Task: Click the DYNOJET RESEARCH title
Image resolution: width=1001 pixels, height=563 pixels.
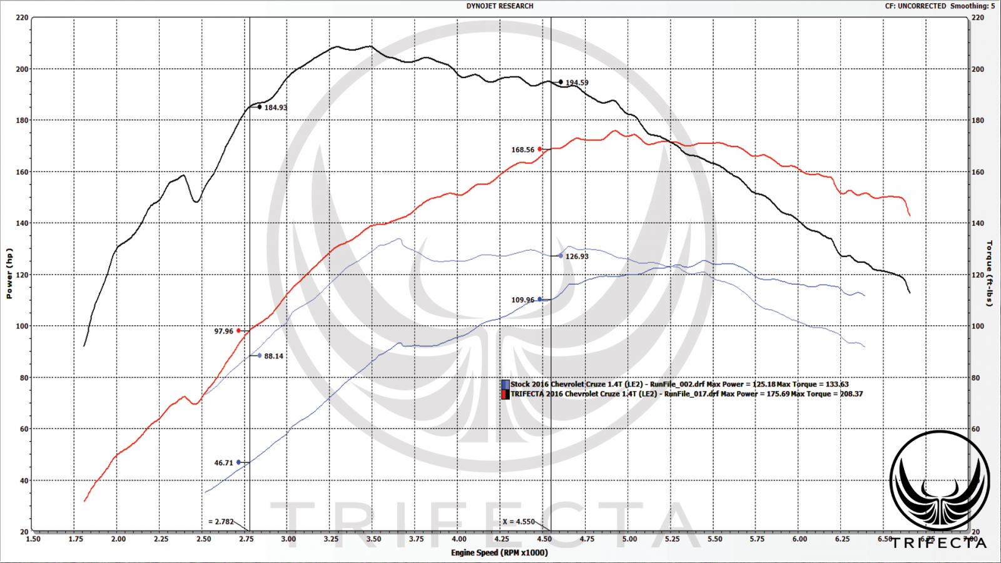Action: (x=500, y=6)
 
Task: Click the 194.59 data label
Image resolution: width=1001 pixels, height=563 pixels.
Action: (x=577, y=83)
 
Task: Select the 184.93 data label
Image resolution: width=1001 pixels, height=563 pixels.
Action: (x=275, y=108)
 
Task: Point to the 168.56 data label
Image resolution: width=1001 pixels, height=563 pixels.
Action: (x=522, y=150)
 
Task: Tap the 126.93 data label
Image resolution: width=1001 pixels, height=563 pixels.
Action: (x=577, y=256)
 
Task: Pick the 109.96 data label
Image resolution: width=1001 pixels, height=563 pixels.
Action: (x=522, y=300)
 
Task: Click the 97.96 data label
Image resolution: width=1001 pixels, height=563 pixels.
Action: (x=223, y=332)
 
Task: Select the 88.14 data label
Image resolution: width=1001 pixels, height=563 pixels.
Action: (x=273, y=357)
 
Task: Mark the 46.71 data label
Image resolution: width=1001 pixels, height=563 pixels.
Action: (x=223, y=463)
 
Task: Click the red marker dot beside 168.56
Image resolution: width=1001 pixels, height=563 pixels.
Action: (x=540, y=149)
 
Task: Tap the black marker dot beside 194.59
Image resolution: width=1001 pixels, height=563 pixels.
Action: (x=561, y=82)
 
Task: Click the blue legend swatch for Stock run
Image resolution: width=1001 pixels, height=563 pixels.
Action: (x=505, y=385)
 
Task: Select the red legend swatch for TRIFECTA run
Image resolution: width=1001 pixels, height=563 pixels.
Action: (x=505, y=394)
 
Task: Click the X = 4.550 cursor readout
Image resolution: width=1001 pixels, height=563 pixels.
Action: (x=519, y=522)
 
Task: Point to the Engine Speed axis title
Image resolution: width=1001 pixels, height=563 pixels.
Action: (x=499, y=552)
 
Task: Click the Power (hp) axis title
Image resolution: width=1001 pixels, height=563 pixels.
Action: (x=9, y=273)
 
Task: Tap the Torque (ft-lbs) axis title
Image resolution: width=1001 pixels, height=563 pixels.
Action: (x=990, y=273)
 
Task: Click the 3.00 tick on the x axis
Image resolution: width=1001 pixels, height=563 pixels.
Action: (x=288, y=539)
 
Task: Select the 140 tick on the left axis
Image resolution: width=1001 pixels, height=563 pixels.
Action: (x=22, y=223)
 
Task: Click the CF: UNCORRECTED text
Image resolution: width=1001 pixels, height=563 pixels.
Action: (x=915, y=6)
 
